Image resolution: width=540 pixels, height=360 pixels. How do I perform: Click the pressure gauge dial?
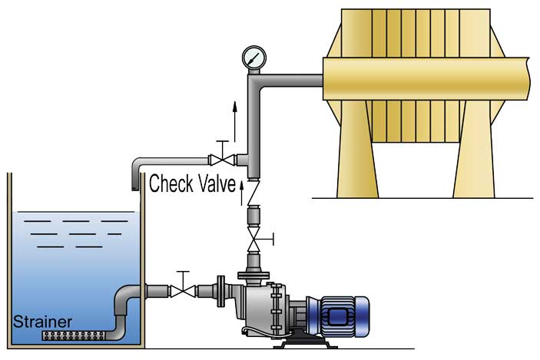(253, 58)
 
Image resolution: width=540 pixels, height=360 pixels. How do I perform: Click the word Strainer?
(44, 322)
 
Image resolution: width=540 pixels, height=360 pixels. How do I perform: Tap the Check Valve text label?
(190, 184)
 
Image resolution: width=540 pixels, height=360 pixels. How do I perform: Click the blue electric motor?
(343, 315)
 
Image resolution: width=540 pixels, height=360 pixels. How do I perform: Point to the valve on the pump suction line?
(183, 291)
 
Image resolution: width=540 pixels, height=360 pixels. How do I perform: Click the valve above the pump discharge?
(253, 243)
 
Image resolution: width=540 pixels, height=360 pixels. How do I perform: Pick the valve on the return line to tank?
(224, 160)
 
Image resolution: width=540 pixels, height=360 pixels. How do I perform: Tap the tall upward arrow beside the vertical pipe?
(235, 115)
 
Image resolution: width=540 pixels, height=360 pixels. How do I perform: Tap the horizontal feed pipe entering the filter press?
(292, 80)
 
